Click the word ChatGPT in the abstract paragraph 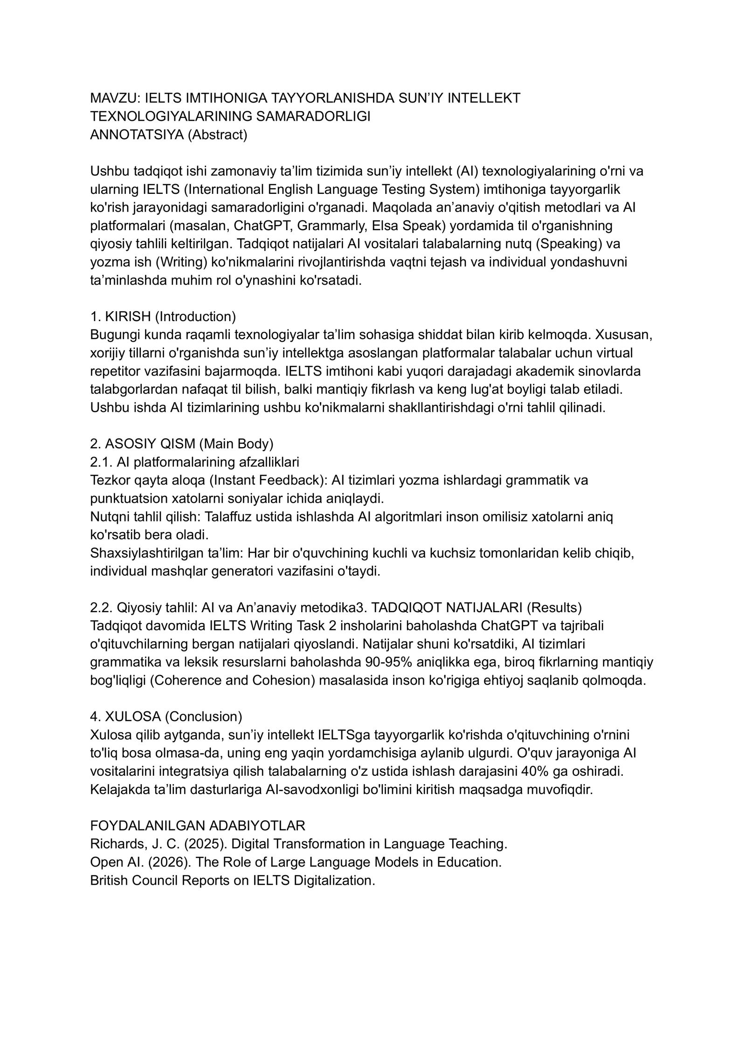[262, 226]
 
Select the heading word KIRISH [128, 317]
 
